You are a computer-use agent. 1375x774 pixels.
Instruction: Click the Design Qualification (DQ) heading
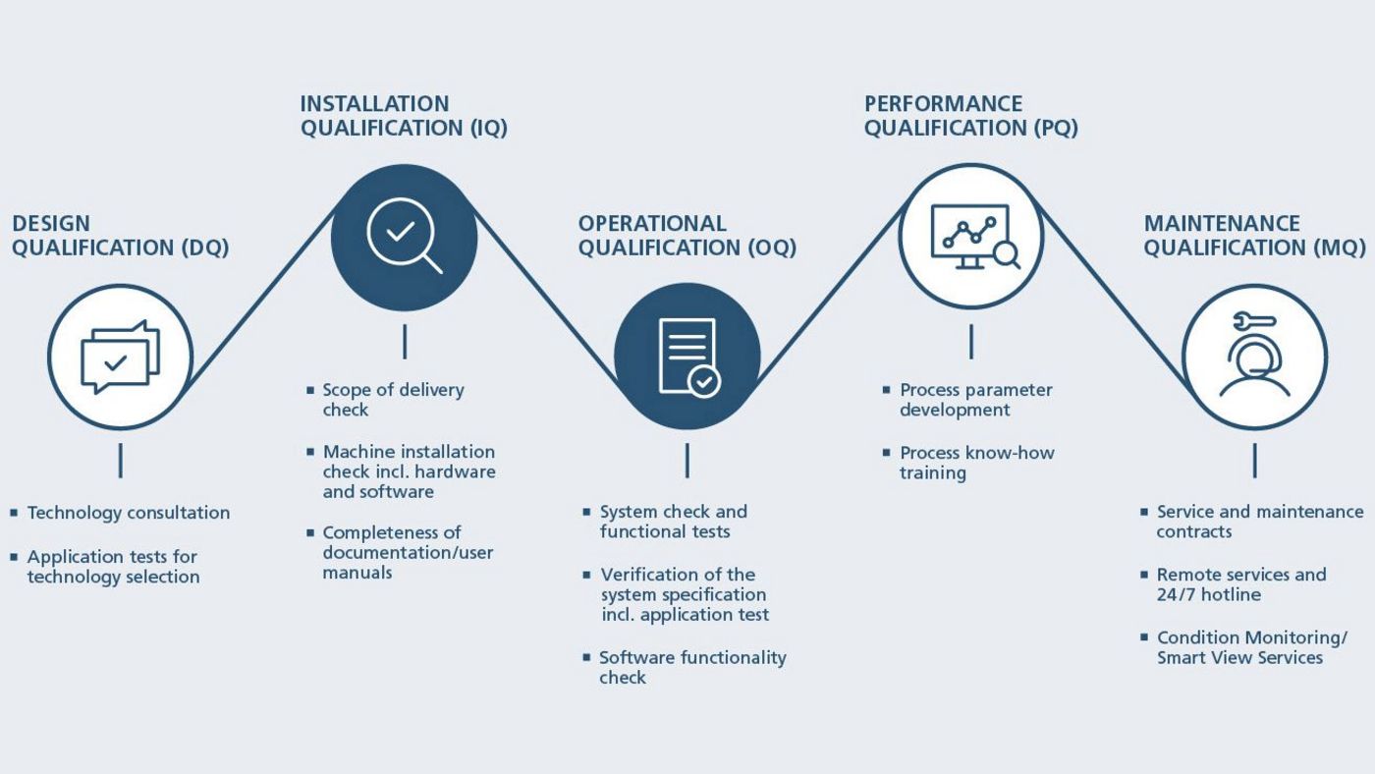[120, 236]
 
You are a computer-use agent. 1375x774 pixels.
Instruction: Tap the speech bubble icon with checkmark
[120, 358]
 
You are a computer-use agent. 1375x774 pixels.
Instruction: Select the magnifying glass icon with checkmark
[404, 237]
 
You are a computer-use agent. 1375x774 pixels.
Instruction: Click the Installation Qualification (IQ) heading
[404, 116]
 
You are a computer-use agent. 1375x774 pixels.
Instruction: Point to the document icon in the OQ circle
[687, 357]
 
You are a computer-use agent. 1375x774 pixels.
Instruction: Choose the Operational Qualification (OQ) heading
[687, 236]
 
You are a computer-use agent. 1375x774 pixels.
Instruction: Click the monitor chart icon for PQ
[970, 237]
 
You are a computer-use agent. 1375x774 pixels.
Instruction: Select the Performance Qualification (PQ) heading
[970, 116]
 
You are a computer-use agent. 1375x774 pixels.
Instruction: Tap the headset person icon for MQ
[1254, 357]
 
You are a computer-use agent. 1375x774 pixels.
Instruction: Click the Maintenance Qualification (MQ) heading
[1254, 236]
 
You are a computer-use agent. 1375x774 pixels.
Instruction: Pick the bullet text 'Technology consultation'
[129, 513]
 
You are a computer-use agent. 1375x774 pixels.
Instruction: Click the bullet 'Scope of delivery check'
[393, 400]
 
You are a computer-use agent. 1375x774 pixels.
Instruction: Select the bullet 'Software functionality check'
[692, 668]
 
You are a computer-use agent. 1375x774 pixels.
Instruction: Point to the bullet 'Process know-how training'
[976, 463]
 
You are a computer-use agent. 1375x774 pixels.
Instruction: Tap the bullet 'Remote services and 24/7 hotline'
[1240, 584]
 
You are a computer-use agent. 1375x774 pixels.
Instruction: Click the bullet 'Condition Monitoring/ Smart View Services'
[1251, 648]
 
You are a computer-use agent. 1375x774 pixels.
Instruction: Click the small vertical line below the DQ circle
[121, 460]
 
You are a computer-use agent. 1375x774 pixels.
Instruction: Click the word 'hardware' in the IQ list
[461, 471]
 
